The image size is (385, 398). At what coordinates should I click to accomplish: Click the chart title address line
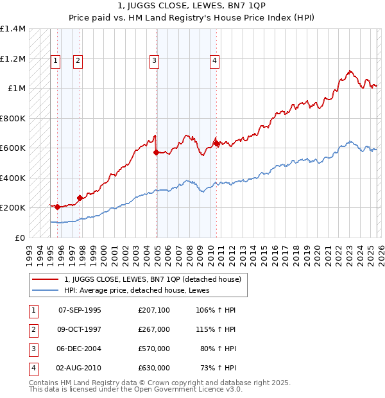point(192,6)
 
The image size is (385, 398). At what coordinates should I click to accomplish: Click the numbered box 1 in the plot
point(55,61)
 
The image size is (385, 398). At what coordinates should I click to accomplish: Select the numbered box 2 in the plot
point(78,61)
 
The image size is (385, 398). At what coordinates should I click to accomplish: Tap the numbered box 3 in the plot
point(155,61)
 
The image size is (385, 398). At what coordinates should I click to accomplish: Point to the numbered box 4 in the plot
point(214,61)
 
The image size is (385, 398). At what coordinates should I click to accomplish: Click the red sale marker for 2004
point(157,153)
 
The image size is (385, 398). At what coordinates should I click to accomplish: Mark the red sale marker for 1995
point(58,207)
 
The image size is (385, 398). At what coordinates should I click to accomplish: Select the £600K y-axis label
point(13,148)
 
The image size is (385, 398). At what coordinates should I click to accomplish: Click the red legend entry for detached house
point(152,279)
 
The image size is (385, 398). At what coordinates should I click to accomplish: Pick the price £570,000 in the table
point(154,349)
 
